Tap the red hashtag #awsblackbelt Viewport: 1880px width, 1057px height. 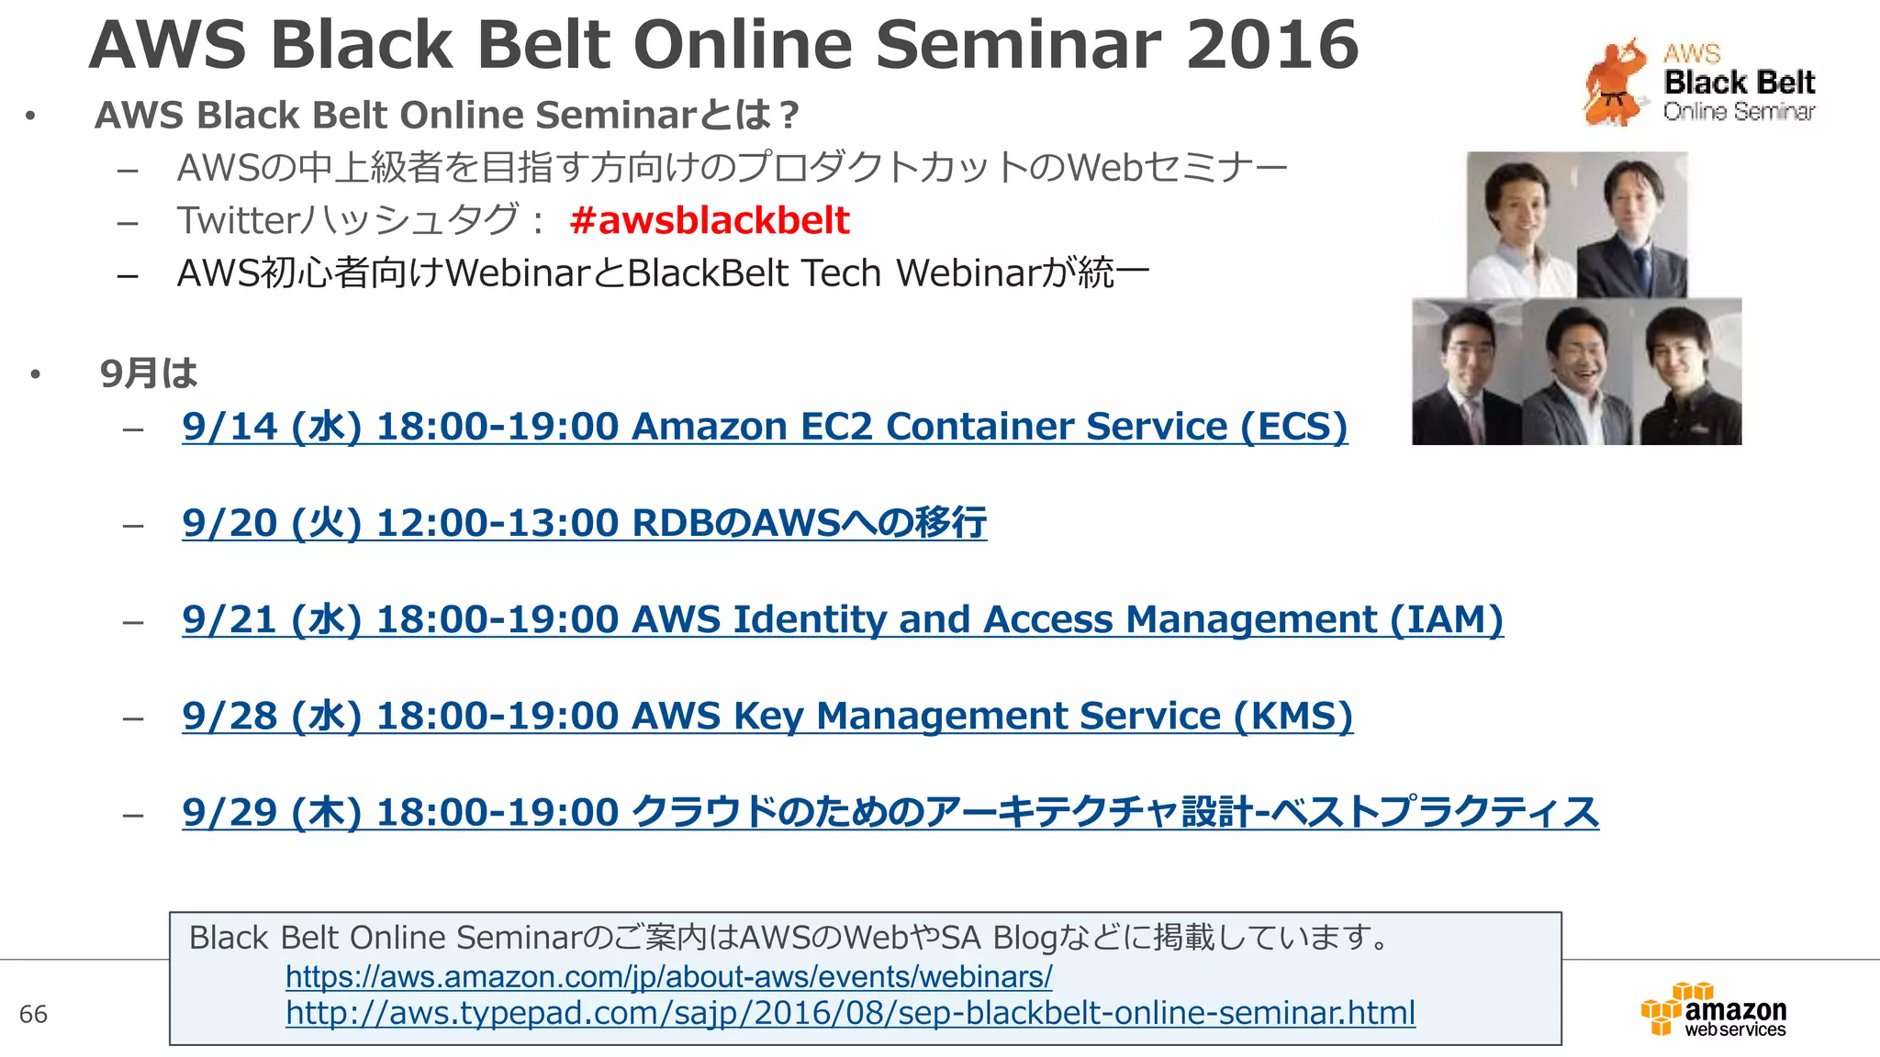point(709,220)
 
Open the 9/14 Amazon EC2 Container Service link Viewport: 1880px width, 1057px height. point(764,427)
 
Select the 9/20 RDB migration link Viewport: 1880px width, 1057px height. point(584,523)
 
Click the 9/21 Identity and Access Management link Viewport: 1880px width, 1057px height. point(842,619)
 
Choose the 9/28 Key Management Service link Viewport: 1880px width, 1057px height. point(767,716)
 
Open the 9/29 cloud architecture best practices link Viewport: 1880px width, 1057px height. point(890,812)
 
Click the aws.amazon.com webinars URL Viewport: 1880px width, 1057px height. point(668,976)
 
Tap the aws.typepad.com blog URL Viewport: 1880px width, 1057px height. point(850,1013)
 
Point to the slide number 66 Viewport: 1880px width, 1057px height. point(33,1014)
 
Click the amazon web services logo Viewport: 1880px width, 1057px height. point(1714,1010)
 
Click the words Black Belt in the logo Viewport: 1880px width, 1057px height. point(1739,83)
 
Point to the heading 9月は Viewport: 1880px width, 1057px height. point(149,373)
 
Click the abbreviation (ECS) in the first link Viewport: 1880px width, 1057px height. point(1293,427)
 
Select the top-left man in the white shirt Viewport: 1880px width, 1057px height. point(1519,225)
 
